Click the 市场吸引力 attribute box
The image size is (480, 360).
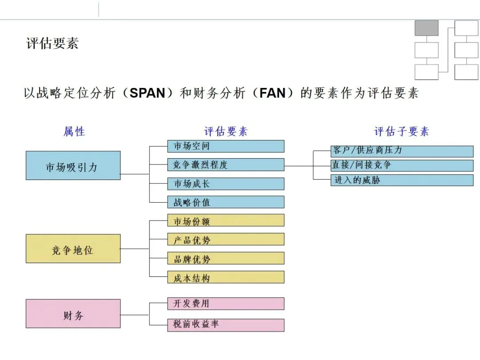[73, 165]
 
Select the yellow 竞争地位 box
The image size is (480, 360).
[73, 248]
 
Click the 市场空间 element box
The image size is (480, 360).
[226, 146]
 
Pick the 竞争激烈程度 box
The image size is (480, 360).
[226, 165]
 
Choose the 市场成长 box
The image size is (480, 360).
[226, 184]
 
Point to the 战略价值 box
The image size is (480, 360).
[226, 202]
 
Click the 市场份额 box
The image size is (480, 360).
[226, 220]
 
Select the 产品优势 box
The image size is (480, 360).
[226, 239]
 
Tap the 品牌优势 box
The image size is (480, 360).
[226, 258]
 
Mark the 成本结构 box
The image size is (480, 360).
[226, 277]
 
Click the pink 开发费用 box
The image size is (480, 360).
[226, 304]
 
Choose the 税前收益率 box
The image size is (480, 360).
[226, 324]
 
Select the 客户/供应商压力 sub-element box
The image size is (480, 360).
[402, 151]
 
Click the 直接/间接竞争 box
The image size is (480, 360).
[402, 165]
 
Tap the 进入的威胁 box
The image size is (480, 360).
[402, 180]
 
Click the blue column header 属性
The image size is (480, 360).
[74, 132]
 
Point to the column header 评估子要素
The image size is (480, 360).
[402, 132]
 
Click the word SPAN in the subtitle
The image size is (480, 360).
[147, 93]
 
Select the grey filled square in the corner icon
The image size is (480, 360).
[426, 28]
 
